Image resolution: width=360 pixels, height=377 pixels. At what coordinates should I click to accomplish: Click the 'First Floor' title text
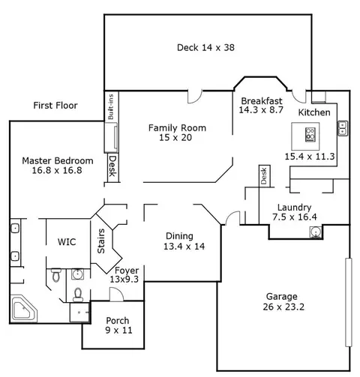[x=55, y=106]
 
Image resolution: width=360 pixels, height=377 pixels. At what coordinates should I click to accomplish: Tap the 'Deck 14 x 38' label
[x=205, y=47]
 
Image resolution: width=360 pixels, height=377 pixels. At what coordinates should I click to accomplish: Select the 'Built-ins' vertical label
[x=111, y=106]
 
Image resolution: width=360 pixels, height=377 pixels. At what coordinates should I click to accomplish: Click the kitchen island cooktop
[x=310, y=135]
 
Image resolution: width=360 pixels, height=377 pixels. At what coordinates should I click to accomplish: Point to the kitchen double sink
[x=343, y=128]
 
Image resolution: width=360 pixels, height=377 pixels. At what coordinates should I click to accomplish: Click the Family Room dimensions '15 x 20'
[x=175, y=137]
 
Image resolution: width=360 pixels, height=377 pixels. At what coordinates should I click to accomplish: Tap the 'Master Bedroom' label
[x=58, y=160]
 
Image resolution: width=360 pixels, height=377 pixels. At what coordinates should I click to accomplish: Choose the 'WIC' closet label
[x=67, y=242]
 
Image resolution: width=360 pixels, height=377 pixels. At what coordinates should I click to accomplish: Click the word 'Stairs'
[x=101, y=241]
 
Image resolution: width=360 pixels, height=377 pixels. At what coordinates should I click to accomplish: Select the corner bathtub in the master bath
[x=24, y=309]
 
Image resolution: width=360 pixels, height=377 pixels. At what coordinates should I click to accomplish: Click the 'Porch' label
[x=118, y=321]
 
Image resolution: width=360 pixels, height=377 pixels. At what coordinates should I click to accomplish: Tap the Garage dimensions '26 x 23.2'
[x=283, y=307]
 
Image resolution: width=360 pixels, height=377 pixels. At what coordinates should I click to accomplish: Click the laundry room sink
[x=316, y=232]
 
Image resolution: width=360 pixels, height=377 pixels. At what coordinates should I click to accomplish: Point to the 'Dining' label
[x=179, y=236]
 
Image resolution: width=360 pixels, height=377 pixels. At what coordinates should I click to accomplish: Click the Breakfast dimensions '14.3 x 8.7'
[x=261, y=110]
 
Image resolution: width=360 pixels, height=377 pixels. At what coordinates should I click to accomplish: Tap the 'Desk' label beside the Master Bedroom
[x=113, y=166]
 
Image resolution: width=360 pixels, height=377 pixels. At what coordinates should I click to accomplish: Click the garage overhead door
[x=349, y=303]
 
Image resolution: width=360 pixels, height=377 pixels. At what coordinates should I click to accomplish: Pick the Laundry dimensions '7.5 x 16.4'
[x=295, y=217]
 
